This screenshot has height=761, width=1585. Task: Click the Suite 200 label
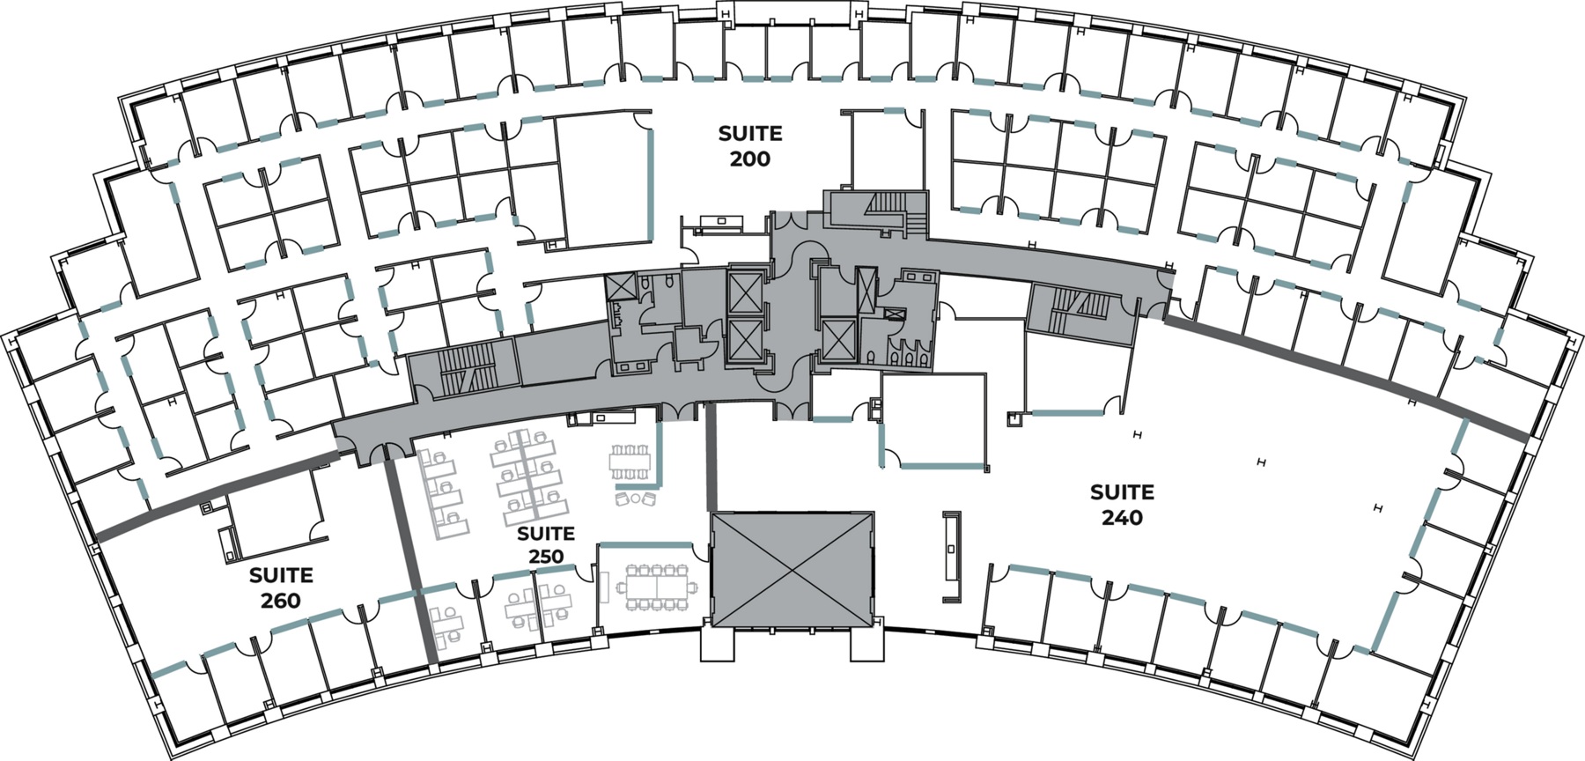click(x=749, y=146)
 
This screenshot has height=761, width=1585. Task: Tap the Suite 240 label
click(x=1122, y=505)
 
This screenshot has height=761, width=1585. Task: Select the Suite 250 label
click(x=546, y=545)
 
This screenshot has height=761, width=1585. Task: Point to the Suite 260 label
click(x=281, y=587)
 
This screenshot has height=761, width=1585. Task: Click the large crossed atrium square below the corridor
click(x=792, y=569)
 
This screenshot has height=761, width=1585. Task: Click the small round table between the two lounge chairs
click(x=634, y=499)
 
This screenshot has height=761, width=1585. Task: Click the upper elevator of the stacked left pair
click(x=744, y=291)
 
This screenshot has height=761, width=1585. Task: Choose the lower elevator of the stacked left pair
click(x=744, y=341)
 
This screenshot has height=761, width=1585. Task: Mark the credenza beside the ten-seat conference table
click(x=605, y=587)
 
